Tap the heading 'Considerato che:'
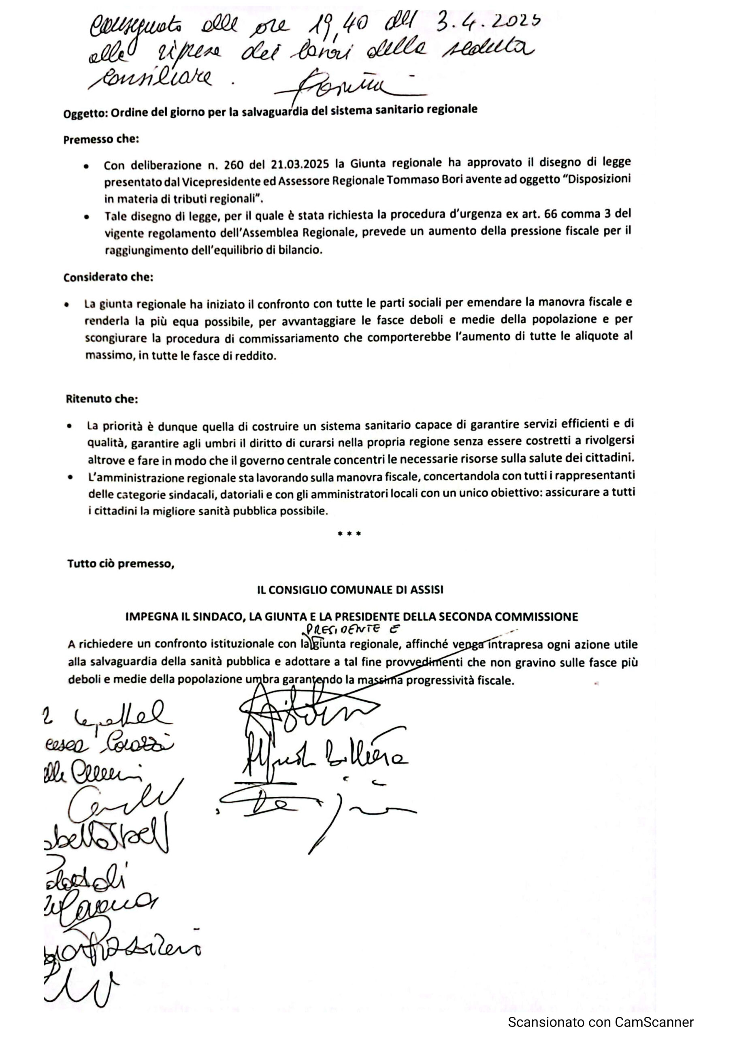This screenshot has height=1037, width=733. (x=109, y=277)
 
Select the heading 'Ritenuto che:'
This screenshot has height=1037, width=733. (x=102, y=399)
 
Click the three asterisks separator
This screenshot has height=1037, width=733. (x=349, y=534)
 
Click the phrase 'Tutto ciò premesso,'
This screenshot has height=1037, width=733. (x=121, y=563)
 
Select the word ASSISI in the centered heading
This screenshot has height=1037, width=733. (x=426, y=590)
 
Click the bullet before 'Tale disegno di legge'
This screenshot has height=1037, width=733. (x=86, y=217)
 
